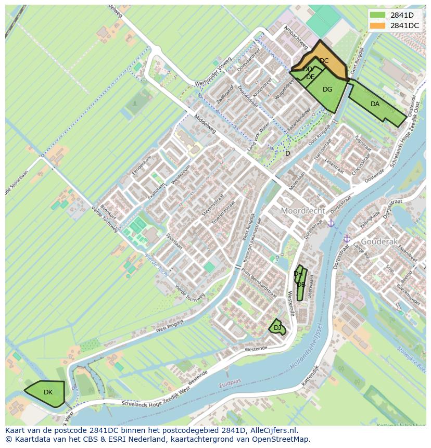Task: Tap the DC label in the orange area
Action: pyautogui.click(x=324, y=61)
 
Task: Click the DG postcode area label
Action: pyautogui.click(x=327, y=89)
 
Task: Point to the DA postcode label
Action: pyautogui.click(x=375, y=104)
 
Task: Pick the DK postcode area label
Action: pyautogui.click(x=48, y=392)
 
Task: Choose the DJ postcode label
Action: pyautogui.click(x=277, y=327)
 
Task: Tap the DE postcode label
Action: pyautogui.click(x=310, y=77)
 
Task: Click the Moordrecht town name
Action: pyautogui.click(x=303, y=211)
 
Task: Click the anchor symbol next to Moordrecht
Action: pyautogui.click(x=331, y=223)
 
